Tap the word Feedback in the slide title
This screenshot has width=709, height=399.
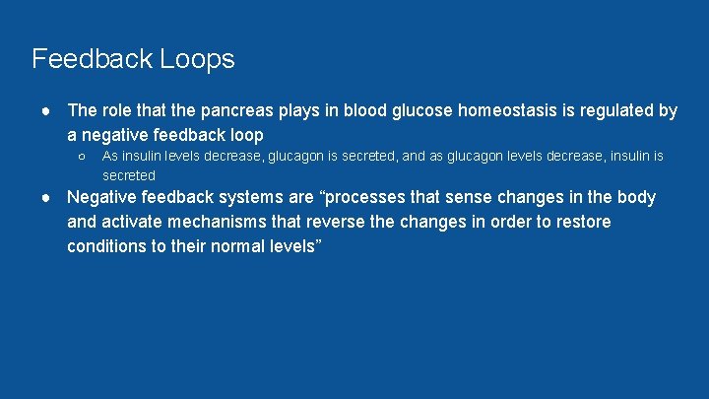click(92, 59)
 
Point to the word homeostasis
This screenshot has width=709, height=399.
click(512, 111)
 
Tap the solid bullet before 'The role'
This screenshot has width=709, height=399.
click(46, 111)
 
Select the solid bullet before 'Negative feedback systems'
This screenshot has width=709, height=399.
click(46, 198)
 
